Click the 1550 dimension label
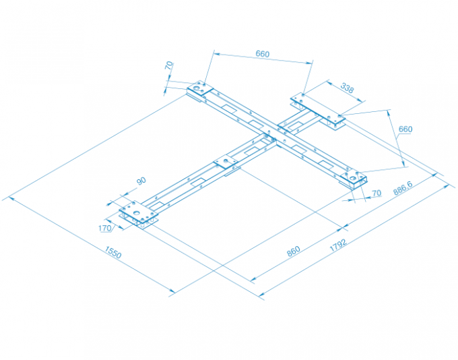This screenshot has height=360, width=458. [112, 253]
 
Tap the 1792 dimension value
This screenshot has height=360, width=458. [338, 245]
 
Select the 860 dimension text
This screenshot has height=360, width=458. [293, 251]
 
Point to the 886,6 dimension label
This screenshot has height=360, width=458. [403, 187]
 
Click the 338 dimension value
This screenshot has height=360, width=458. [347, 88]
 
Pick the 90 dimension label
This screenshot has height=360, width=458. [141, 181]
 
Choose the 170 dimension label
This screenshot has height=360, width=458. [105, 228]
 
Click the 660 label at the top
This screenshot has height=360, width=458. [262, 54]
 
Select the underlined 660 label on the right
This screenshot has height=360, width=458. [405, 129]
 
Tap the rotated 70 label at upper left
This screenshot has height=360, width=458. [169, 65]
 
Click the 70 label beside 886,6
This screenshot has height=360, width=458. [377, 193]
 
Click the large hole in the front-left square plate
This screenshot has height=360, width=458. [137, 213]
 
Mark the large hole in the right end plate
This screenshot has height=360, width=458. [353, 177]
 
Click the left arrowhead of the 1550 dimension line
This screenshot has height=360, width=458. [11, 198]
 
